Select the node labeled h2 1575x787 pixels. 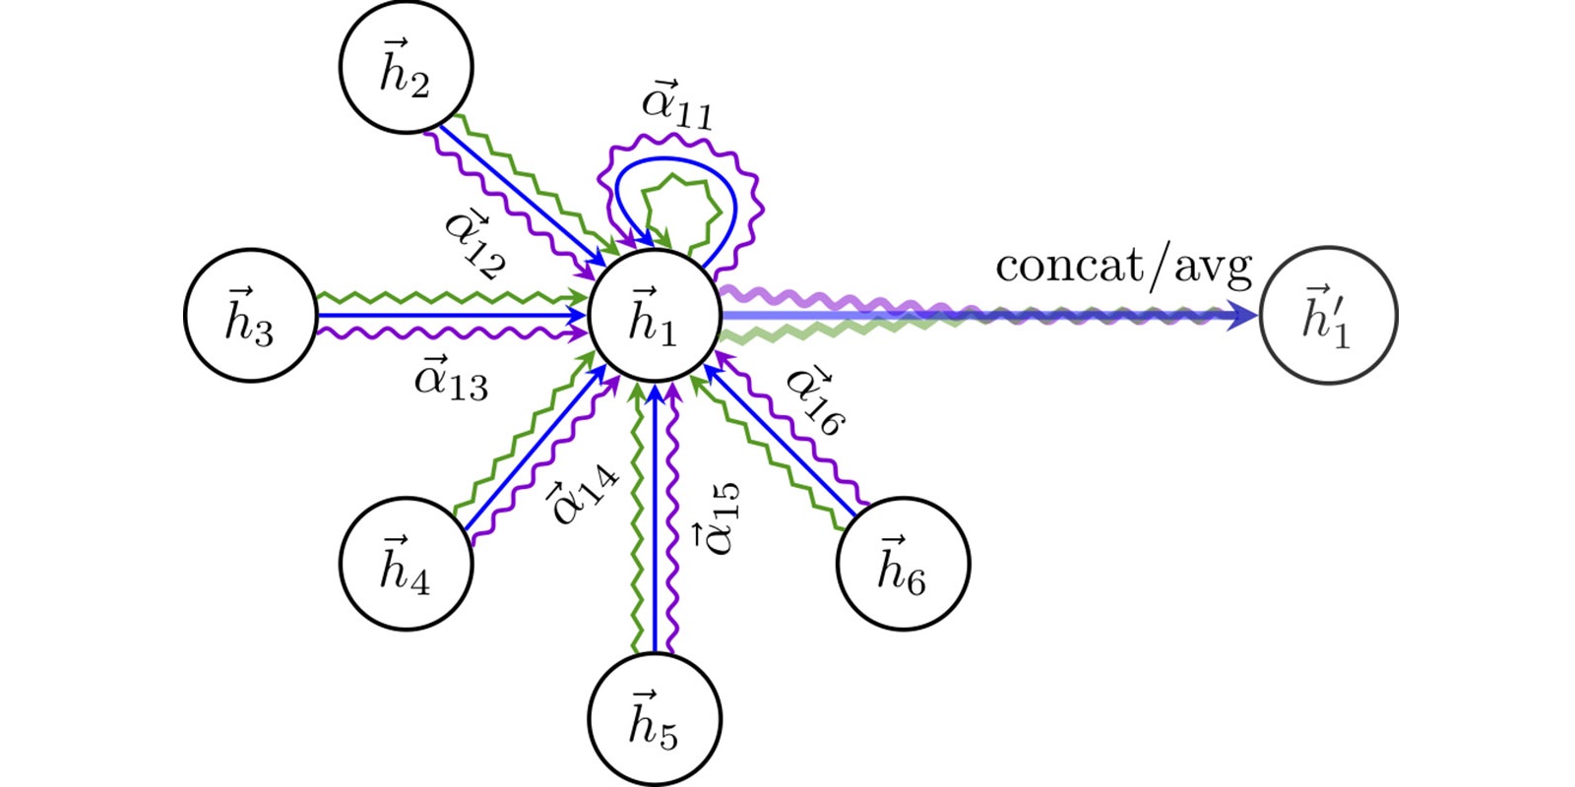click(x=406, y=67)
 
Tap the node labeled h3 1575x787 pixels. click(x=251, y=316)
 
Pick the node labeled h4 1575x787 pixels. click(x=406, y=564)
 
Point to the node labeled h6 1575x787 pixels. click(x=903, y=564)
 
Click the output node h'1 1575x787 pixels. click(x=1328, y=316)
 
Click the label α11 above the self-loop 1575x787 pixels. click(x=677, y=104)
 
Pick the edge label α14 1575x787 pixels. click(x=583, y=492)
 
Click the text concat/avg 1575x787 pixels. click(x=1123, y=266)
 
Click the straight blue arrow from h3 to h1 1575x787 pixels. click(x=443, y=316)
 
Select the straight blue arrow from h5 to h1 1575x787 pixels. click(x=655, y=521)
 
